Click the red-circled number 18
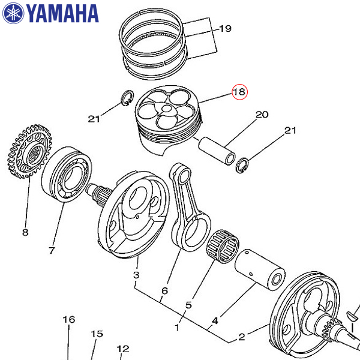pyautogui.click(x=239, y=92)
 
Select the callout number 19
pyautogui.click(x=224, y=28)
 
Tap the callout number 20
pyautogui.click(x=262, y=115)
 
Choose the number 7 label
pyautogui.click(x=52, y=250)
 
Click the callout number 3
pyautogui.click(x=136, y=275)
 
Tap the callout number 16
pyautogui.click(x=69, y=320)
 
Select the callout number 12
pyautogui.click(x=123, y=349)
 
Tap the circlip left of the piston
pyautogui.click(x=128, y=99)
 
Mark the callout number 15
pyautogui.click(x=97, y=334)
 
